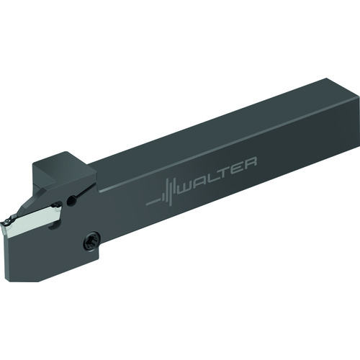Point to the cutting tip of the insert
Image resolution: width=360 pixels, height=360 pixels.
pyautogui.click(x=5, y=221)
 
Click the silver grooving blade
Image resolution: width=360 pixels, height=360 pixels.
pyautogui.click(x=36, y=217)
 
